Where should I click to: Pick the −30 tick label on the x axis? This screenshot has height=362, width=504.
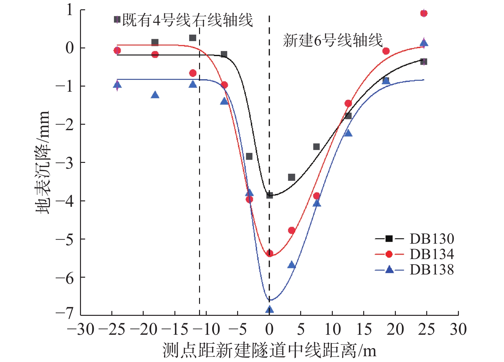(x=81, y=329)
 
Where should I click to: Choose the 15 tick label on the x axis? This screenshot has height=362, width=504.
(x=364, y=329)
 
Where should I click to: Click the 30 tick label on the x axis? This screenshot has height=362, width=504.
(x=458, y=329)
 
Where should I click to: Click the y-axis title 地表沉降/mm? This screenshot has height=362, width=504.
(x=43, y=162)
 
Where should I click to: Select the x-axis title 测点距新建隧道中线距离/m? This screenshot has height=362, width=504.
(x=269, y=350)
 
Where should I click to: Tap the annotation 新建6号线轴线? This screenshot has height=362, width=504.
(x=332, y=41)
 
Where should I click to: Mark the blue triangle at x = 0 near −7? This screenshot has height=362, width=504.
(x=269, y=309)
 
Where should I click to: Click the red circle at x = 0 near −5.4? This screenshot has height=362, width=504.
(x=269, y=254)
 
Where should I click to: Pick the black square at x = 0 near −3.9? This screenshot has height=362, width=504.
(x=269, y=195)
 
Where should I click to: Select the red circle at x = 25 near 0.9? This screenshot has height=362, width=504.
(x=424, y=13)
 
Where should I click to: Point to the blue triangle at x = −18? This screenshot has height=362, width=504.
(x=155, y=95)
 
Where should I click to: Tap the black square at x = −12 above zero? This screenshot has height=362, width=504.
(x=193, y=38)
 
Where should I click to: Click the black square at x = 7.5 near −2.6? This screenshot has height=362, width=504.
(x=316, y=147)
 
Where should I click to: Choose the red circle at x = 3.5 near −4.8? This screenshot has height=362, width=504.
(x=292, y=231)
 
